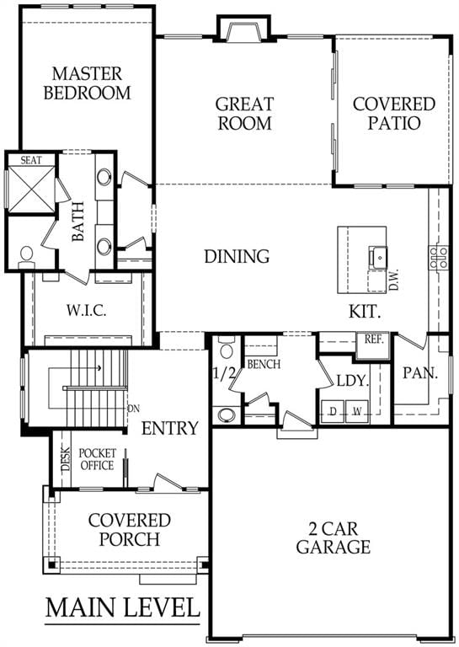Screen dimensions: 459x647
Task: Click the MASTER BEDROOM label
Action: tap(87, 83)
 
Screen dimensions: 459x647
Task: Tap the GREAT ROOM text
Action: tap(244, 114)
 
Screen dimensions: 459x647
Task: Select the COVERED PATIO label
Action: tap(394, 114)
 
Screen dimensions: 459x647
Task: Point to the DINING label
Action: tap(237, 256)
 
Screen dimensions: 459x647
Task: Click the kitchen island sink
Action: tap(378, 258)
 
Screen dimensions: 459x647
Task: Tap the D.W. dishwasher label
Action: tap(394, 280)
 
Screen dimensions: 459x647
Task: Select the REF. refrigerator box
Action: tap(374, 345)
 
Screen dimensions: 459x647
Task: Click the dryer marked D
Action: tap(333, 411)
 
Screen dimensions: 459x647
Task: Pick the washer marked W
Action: tap(357, 411)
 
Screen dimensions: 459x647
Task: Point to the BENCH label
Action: tap(264, 364)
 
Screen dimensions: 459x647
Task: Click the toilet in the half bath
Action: tap(226, 348)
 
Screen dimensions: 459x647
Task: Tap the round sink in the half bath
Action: tap(227, 414)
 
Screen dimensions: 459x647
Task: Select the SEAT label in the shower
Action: tap(31, 160)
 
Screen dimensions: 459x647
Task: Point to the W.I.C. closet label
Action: tap(87, 310)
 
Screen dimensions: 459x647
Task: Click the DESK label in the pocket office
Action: tap(65, 458)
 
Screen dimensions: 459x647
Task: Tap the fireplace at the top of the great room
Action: tap(243, 29)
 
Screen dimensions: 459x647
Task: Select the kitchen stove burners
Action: tap(439, 257)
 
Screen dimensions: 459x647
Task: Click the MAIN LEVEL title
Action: tap(122, 607)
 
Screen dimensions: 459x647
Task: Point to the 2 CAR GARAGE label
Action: tap(334, 538)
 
